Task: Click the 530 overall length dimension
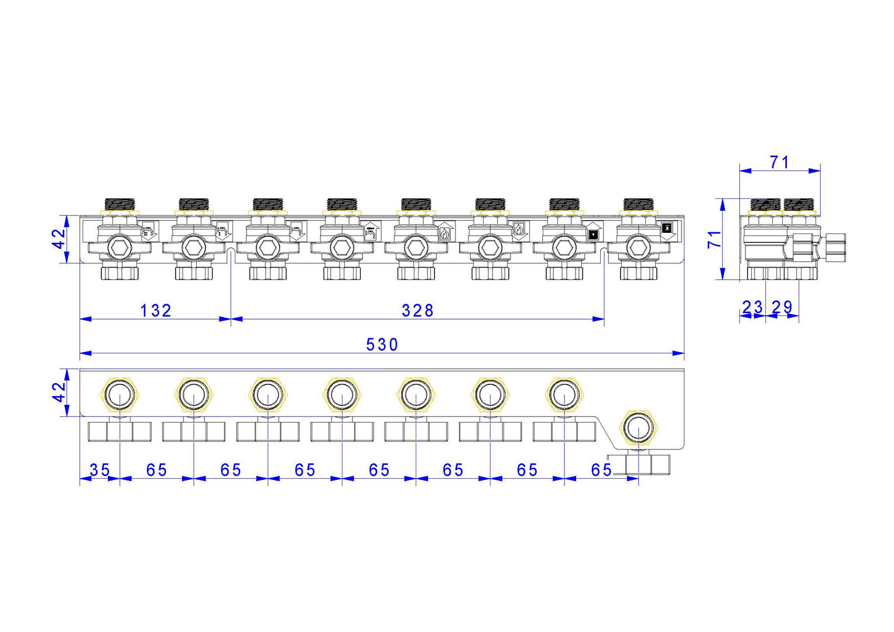pyautogui.click(x=382, y=345)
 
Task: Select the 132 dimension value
pyautogui.click(x=156, y=310)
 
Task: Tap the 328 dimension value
pyautogui.click(x=417, y=310)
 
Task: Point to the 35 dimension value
pyautogui.click(x=100, y=470)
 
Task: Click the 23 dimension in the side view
pyautogui.click(x=753, y=307)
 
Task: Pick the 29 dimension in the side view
pyautogui.click(x=782, y=307)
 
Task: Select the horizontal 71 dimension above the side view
pyautogui.click(x=779, y=163)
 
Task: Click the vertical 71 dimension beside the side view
pyautogui.click(x=714, y=239)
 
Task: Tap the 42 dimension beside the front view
pyautogui.click(x=59, y=239)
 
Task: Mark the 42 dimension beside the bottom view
pyautogui.click(x=59, y=392)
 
